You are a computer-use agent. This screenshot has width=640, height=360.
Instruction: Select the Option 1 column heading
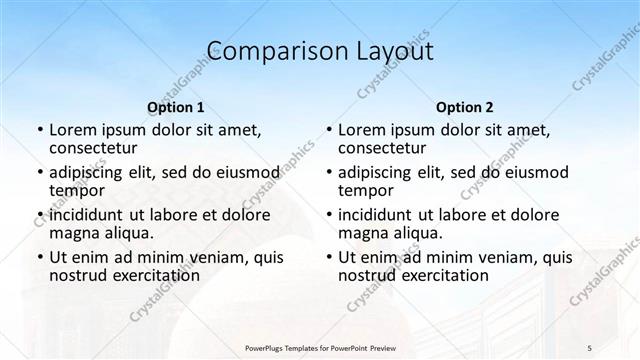pos(176,107)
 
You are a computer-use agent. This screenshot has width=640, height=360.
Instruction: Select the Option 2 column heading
pos(465,107)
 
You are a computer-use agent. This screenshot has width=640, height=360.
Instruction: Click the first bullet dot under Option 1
pos(40,131)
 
